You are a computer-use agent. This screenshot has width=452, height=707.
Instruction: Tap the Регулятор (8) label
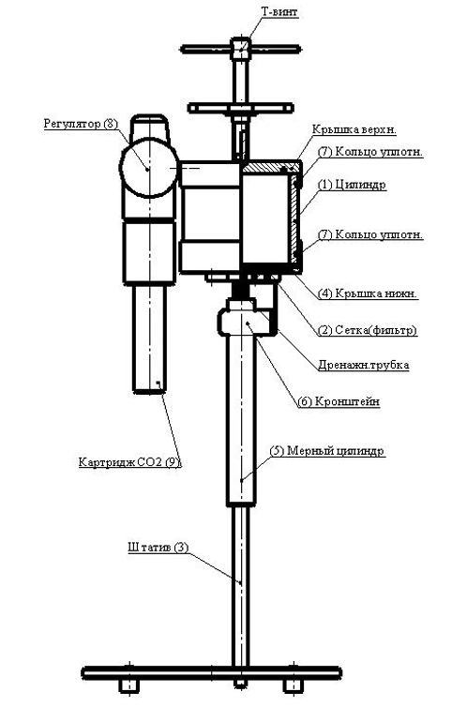[82, 124]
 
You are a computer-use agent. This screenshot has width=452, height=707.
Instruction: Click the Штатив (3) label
[158, 546]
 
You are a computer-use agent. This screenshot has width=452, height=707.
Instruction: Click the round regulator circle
[148, 169]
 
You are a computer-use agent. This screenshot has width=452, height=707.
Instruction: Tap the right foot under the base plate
[294, 687]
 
